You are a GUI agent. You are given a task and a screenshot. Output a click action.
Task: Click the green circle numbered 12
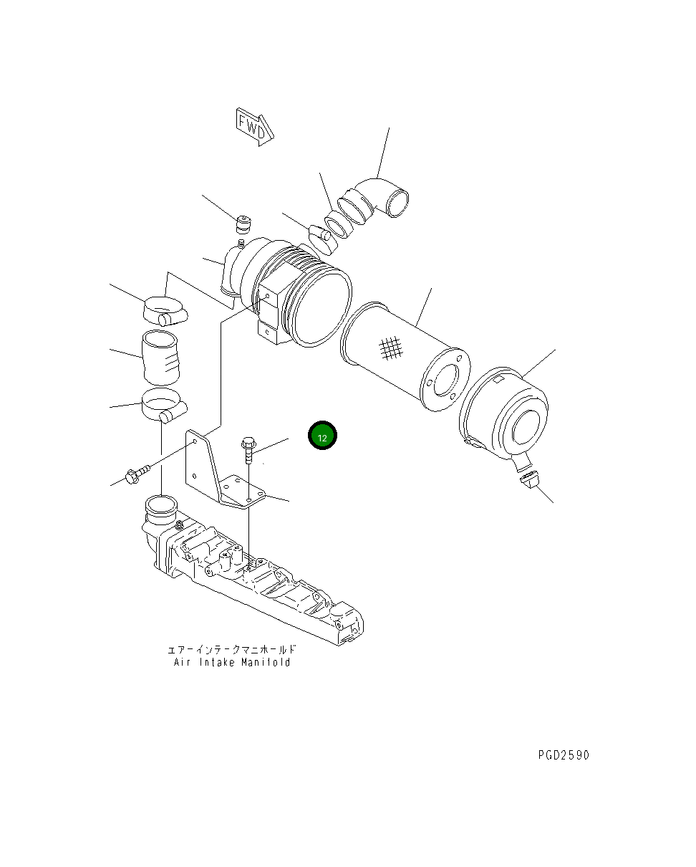coord(322,435)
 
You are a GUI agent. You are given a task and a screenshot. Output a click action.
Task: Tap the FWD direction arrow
coord(254,127)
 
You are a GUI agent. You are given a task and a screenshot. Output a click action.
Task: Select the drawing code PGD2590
coord(564,755)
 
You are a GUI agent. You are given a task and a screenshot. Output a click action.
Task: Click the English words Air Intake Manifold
coord(232,662)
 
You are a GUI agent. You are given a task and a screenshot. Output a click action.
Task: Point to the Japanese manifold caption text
coord(232,649)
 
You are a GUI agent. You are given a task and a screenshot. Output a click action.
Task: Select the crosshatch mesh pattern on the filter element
coord(390,348)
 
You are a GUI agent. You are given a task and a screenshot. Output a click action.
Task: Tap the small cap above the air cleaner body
coord(243,225)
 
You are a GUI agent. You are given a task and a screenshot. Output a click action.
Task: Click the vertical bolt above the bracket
coord(248,450)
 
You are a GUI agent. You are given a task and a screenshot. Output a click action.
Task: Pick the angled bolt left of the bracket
coord(137,474)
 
